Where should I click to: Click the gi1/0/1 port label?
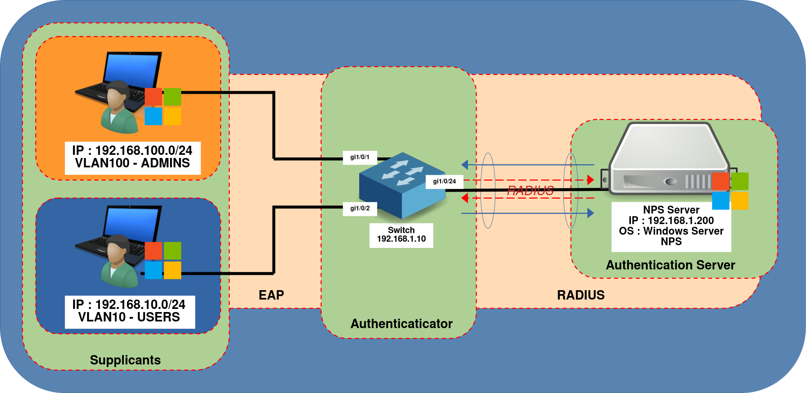click(360, 157)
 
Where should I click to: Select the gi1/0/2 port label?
click(360, 208)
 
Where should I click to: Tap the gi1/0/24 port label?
click(444, 181)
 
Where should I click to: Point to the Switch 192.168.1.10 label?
click(401, 235)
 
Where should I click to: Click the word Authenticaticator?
click(401, 324)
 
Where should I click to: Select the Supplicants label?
click(125, 360)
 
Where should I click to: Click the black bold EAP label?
click(271, 295)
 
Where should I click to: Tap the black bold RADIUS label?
click(580, 295)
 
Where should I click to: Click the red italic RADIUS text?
click(530, 191)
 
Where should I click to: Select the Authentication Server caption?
click(670, 265)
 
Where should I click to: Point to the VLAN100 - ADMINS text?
click(132, 163)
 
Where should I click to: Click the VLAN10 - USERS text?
click(129, 317)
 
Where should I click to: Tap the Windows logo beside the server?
click(730, 191)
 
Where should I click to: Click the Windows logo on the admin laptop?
click(163, 106)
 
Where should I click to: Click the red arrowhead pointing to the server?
click(590, 180)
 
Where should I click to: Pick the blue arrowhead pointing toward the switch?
click(465, 165)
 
